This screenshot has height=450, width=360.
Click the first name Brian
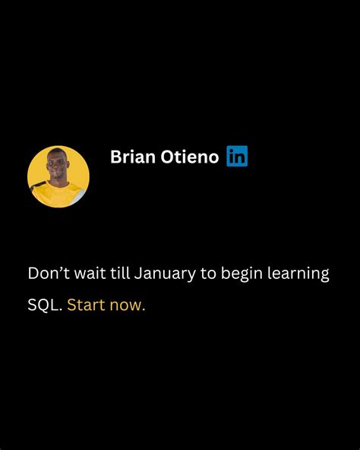[132, 157]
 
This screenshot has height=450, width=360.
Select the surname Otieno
[189, 157]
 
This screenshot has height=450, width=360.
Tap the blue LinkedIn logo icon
[237, 157]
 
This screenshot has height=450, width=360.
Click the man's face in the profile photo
[59, 167]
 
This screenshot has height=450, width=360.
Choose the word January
[167, 274]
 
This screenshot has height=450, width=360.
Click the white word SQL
[44, 306]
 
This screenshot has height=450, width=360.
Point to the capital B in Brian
[116, 157]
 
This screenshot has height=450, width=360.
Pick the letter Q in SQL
[44, 306]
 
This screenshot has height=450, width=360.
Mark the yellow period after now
[143, 310]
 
